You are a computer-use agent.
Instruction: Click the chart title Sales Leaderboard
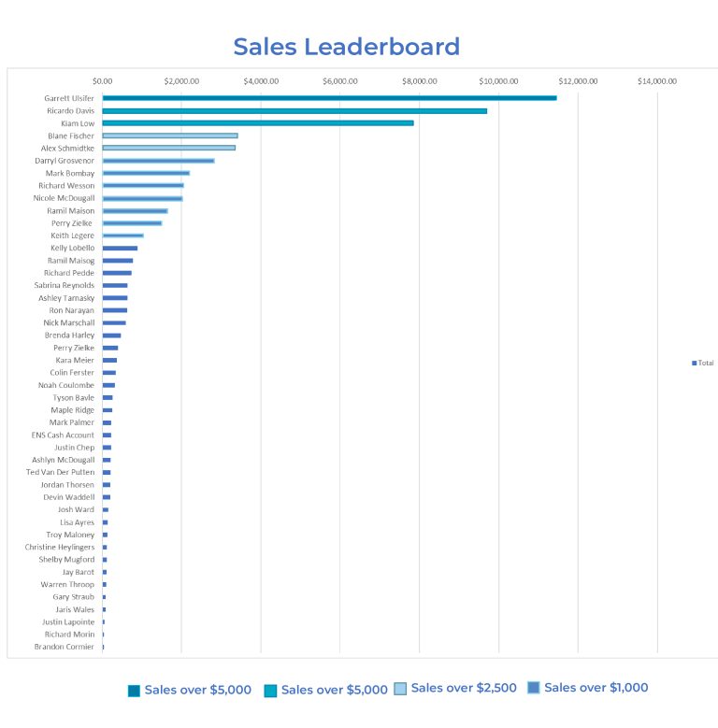346,47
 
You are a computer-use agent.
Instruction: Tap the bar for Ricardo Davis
294,110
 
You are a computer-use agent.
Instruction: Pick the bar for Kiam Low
258,123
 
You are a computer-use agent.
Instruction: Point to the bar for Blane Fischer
170,136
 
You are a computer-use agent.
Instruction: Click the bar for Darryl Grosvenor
158,161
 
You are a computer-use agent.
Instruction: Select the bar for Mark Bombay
146,173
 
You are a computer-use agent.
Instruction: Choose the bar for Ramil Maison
135,210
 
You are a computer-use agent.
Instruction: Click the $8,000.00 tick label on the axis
420,81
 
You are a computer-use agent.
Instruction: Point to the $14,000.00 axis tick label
657,81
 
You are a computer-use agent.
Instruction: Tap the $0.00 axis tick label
103,81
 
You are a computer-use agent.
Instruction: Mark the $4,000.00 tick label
261,81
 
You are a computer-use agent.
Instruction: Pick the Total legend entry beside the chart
703,363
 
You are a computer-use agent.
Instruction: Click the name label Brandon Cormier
65,647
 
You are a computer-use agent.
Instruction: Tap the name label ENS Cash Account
63,435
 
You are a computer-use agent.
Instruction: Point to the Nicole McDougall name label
64,198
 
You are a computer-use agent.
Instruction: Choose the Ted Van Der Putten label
60,472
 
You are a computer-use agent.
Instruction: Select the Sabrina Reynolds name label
65,285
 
